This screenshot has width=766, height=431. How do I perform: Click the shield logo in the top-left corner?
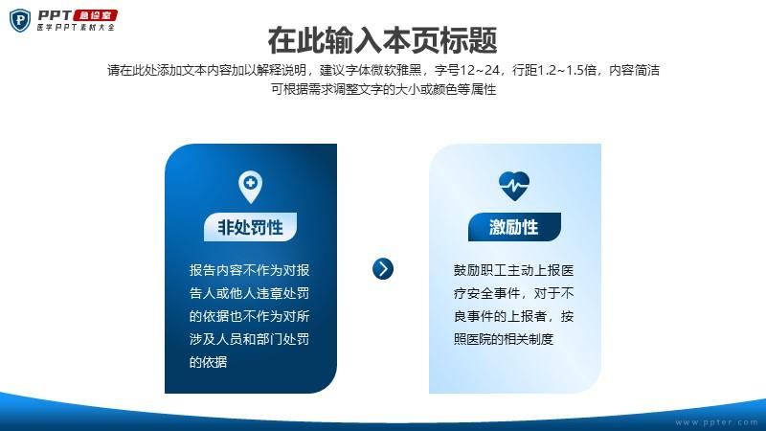tap(20, 20)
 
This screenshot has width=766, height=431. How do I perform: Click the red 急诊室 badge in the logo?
tap(95, 15)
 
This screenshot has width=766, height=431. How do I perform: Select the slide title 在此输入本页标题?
tap(382, 40)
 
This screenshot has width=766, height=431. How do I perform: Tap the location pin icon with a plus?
tap(250, 187)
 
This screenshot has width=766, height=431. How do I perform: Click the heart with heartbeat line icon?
tap(514, 186)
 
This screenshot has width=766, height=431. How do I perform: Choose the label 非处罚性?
tap(250, 227)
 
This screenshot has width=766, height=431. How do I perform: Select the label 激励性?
tap(514, 227)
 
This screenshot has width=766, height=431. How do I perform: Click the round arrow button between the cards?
tap(383, 269)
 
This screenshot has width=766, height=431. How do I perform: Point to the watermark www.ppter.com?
tap(716, 422)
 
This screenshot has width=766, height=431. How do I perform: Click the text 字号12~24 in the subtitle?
tap(467, 70)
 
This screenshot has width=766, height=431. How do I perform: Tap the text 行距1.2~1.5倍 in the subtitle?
tap(554, 70)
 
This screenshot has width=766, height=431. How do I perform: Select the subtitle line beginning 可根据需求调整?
tap(384, 89)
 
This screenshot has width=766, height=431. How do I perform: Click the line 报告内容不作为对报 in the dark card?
tap(250, 270)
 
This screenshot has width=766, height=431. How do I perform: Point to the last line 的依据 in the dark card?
tap(208, 362)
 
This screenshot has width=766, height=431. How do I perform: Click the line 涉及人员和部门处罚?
tap(250, 339)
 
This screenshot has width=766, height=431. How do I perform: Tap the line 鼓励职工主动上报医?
tap(513, 270)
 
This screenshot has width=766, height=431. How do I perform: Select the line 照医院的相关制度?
tap(504, 339)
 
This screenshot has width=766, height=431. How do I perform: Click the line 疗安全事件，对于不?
tap(513, 293)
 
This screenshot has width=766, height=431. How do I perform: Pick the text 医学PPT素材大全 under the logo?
tap(76, 28)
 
